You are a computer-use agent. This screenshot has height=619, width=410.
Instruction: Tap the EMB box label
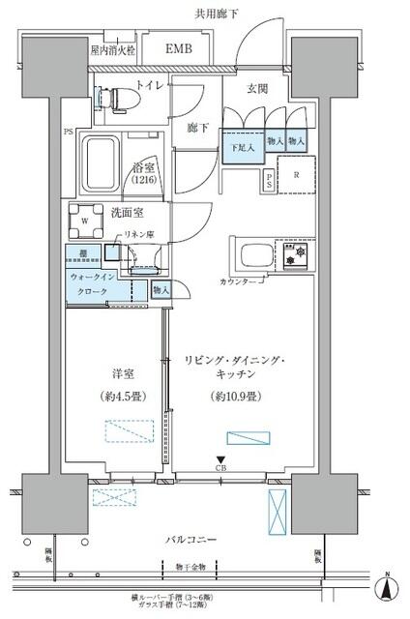point(178,48)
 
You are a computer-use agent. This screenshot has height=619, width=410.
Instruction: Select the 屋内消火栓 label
point(113,48)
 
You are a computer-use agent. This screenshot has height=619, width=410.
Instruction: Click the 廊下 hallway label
point(197,127)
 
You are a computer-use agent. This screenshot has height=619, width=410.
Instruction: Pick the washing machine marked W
point(85,219)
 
